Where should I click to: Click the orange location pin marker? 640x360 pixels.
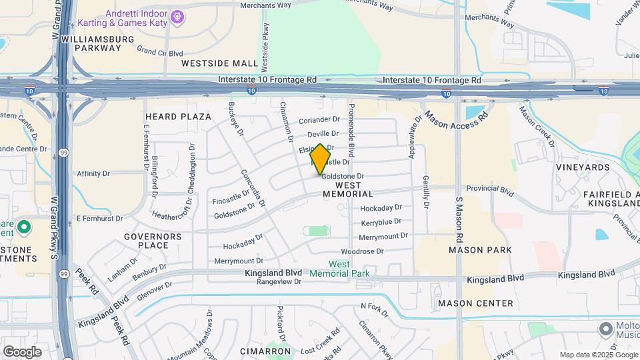coord(321,159)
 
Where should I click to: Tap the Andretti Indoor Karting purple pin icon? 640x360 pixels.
coord(177,15)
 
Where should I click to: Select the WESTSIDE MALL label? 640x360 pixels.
coord(220,63)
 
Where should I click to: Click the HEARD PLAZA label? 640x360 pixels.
coord(169,117)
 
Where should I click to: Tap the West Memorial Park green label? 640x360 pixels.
coord(340,269)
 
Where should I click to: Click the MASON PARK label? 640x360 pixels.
coord(480,250)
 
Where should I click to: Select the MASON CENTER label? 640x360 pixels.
coord(475,303)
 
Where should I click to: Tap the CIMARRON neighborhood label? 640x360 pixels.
coord(265,351)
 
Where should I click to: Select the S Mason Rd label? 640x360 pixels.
coord(459,219)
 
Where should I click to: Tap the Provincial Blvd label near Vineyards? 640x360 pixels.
coord(490,189)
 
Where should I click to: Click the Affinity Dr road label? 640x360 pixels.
coord(93,174)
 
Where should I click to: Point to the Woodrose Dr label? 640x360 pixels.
coord(362,252)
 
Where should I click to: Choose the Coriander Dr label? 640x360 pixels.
coord(320,120)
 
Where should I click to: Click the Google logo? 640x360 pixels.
coord(22,351)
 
